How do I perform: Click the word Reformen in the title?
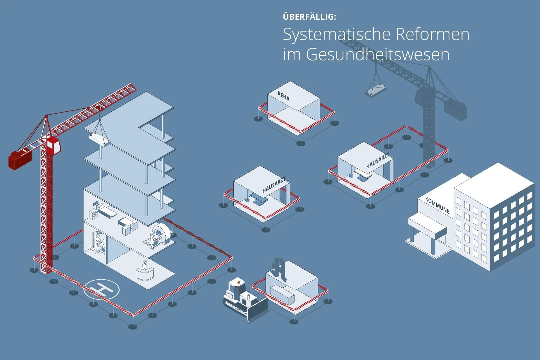(x=432, y=34)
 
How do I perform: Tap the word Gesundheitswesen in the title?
(x=378, y=54)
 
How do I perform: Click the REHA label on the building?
(x=283, y=96)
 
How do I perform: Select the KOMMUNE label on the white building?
(x=437, y=205)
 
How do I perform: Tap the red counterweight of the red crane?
(x=20, y=160)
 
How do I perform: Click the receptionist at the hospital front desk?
(x=145, y=265)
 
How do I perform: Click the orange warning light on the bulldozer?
(x=239, y=281)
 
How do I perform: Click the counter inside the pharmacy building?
(x=282, y=294)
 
